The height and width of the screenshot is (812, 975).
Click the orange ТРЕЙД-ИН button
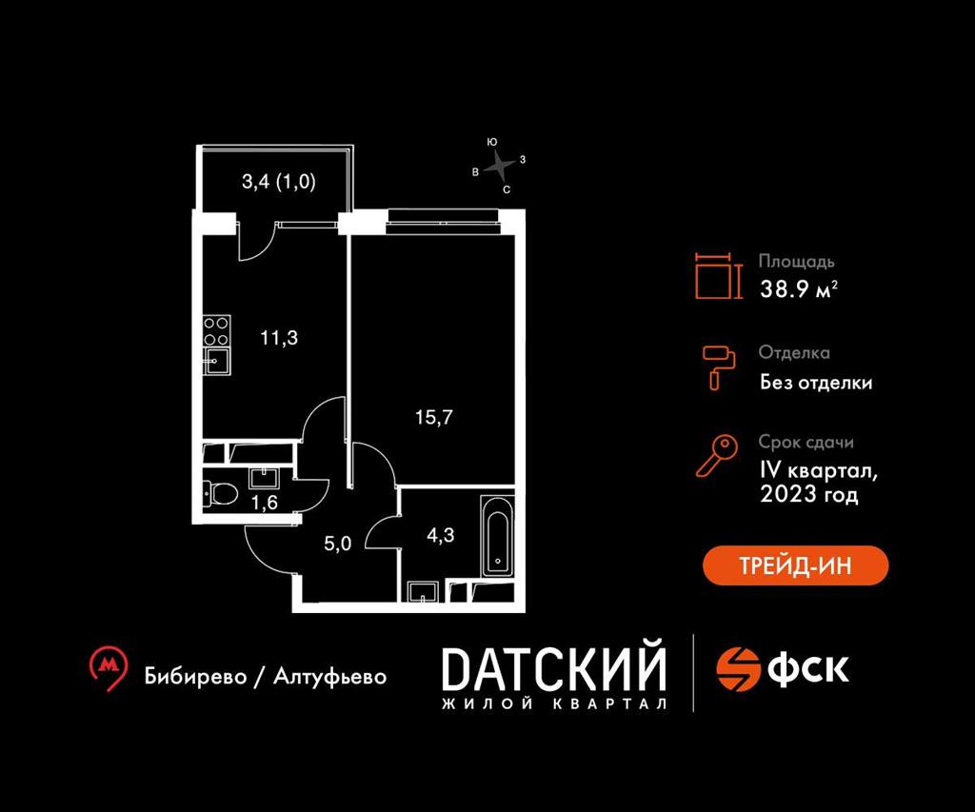[x=795, y=565]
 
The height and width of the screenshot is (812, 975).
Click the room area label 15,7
[x=432, y=415]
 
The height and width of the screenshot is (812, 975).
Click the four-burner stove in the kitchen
[x=216, y=328]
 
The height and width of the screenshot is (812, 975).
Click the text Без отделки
[x=815, y=383]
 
